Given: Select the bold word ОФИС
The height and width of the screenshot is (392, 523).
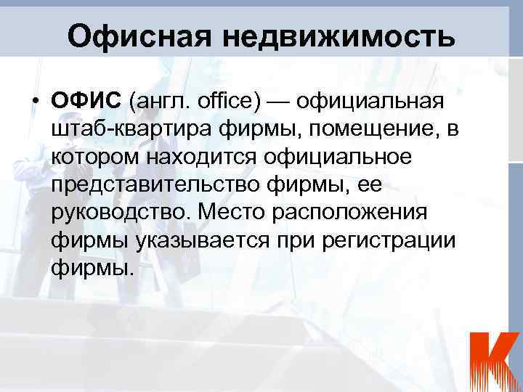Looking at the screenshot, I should coord(86,100).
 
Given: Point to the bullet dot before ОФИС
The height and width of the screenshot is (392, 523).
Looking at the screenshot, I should coord(35,101).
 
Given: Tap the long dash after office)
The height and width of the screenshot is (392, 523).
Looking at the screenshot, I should coord(285,101).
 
